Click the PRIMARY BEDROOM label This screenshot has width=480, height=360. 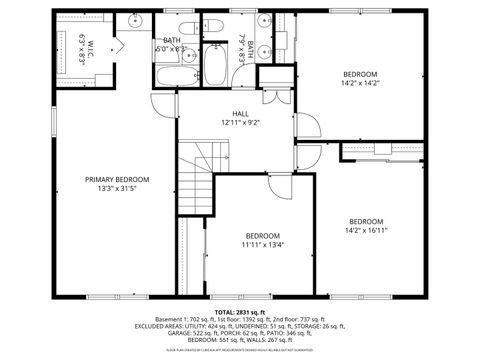pyautogui.click(x=116, y=179)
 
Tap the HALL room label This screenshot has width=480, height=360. pyautogui.click(x=240, y=114)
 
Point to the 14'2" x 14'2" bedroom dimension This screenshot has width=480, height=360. pyautogui.click(x=361, y=85)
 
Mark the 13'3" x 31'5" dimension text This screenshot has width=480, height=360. pyautogui.click(x=116, y=189)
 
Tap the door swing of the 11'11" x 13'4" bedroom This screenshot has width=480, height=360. pyautogui.click(x=278, y=184)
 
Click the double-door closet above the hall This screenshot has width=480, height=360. pyautogui.click(x=273, y=78)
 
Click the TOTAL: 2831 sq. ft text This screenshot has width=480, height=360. pyautogui.click(x=239, y=311)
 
